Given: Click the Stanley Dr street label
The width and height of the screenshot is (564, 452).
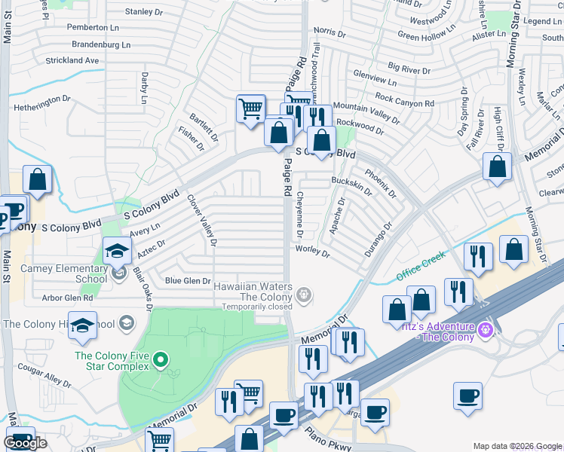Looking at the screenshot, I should click(x=143, y=12).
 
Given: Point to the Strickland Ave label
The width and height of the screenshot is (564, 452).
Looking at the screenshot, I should click(x=72, y=60).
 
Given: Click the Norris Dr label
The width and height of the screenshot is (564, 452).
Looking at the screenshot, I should click(x=330, y=35).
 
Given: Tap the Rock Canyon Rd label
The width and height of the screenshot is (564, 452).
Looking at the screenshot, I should click(x=404, y=99).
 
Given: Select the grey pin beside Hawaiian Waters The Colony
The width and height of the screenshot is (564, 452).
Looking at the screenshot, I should click(x=303, y=295).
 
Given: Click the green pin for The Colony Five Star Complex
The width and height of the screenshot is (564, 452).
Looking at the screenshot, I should click(x=160, y=361).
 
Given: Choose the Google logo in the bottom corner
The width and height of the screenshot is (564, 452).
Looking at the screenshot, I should click(x=25, y=443).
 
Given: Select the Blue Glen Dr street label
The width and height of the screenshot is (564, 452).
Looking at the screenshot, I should click(x=188, y=281).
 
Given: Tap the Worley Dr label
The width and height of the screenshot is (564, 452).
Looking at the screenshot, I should click(x=313, y=251).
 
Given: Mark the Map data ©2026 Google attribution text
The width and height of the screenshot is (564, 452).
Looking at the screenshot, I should click(x=517, y=446).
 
